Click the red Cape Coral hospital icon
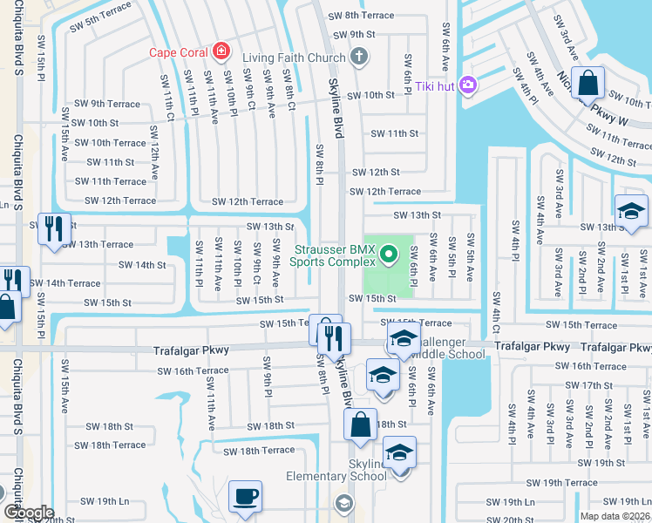tap(221, 51)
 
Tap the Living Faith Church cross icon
tap(357, 58)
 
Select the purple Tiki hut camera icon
tap(468, 85)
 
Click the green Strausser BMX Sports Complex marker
tap(391, 255)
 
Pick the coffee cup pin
tap(245, 496)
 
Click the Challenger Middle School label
tap(453, 349)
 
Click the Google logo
tap(28, 512)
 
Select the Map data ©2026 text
tap(615, 516)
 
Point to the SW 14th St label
tap(142, 264)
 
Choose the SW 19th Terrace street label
tap(568, 483)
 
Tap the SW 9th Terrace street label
tap(107, 104)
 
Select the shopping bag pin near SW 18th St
tap(360, 425)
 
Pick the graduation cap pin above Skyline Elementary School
tap(399, 453)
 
